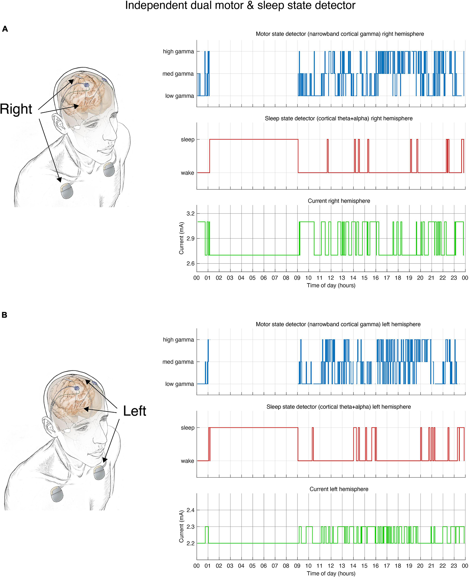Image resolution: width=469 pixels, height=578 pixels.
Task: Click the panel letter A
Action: pos(5,29)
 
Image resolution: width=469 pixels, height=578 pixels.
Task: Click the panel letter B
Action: pos(4,315)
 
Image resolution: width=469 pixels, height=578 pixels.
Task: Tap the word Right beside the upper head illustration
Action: pos(16,109)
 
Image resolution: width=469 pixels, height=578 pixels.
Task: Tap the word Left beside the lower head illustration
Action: pos(134,411)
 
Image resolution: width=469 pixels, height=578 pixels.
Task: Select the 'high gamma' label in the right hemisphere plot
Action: pos(178,51)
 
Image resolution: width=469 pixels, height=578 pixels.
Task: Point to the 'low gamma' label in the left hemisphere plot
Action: pos(179,384)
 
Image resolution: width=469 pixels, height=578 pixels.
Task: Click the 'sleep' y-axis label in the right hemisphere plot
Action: pos(187,139)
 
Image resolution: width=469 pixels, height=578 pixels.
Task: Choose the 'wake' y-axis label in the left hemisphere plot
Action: pos(187,461)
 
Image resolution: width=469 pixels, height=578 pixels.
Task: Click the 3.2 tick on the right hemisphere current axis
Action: pos(190,213)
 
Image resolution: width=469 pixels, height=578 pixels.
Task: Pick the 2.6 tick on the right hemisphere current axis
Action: pos(190,263)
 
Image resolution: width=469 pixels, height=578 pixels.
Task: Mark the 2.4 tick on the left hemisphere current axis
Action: pos(190,510)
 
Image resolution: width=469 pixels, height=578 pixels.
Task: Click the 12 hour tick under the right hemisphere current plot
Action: pos(331,278)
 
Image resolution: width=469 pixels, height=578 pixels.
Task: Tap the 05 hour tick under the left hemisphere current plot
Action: pos(252,566)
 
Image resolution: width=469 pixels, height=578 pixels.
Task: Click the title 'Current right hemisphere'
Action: pos(339,201)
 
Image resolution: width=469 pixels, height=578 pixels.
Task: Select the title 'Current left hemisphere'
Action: pos(339,489)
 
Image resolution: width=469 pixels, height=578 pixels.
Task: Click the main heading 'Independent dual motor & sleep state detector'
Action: pos(240,5)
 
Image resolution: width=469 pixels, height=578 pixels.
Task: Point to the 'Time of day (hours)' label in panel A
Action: pos(331,286)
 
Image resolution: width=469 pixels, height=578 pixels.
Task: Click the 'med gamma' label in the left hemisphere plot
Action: pos(178,362)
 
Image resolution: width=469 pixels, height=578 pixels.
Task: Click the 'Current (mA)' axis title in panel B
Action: pos(181,526)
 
